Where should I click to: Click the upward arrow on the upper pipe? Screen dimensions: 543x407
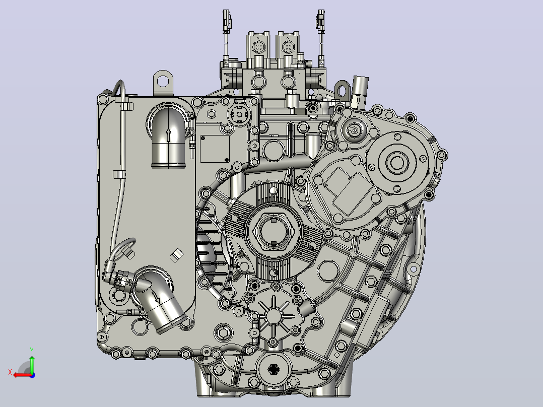pos(169,135)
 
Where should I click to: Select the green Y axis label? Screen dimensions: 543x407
pos(32,350)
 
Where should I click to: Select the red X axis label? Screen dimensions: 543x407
pos(10,372)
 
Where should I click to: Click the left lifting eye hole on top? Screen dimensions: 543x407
pos(163,82)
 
